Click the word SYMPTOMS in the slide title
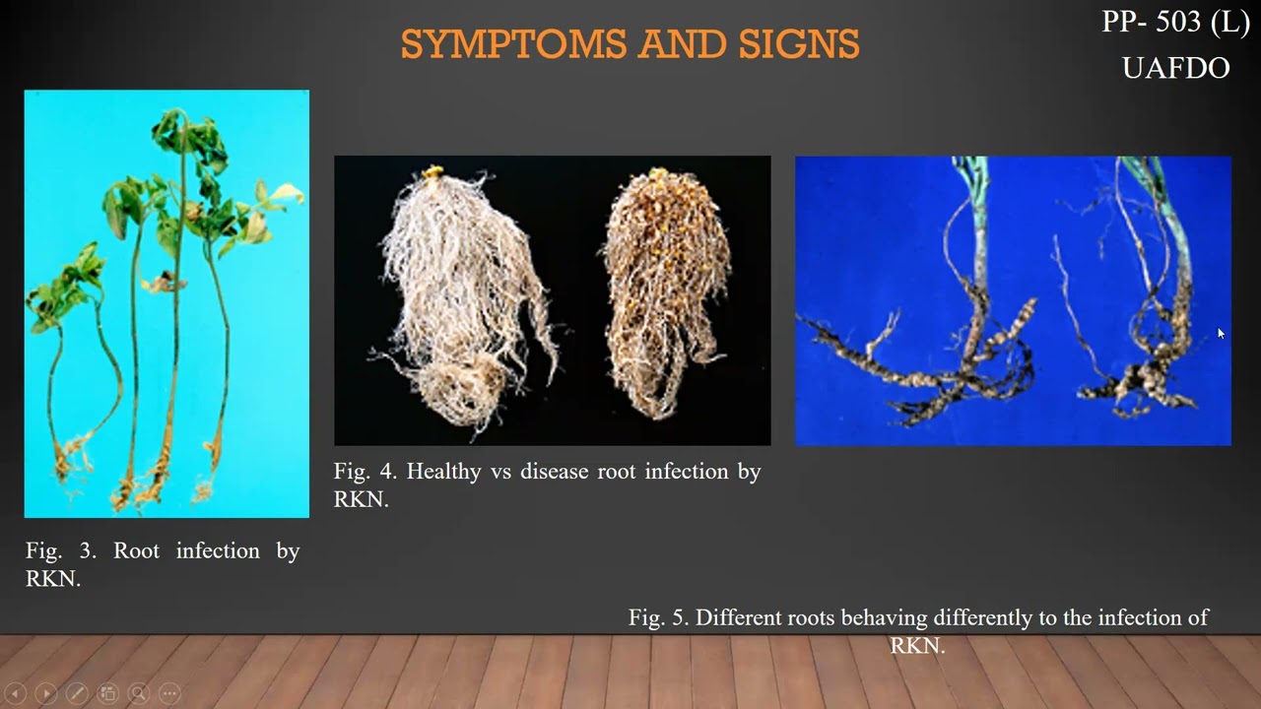coord(513,44)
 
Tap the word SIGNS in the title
coord(798,44)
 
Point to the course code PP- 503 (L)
coord(1174,23)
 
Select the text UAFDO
coord(1175,68)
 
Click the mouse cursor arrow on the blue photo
coord(1221,334)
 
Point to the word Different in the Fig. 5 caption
coord(739,617)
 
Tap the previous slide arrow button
coord(15,693)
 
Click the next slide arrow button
coord(46,693)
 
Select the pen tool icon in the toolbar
coord(77,693)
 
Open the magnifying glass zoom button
coord(139,693)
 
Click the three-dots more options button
coord(169,693)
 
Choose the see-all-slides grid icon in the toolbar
coord(108,693)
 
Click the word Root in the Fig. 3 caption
coord(136,550)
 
